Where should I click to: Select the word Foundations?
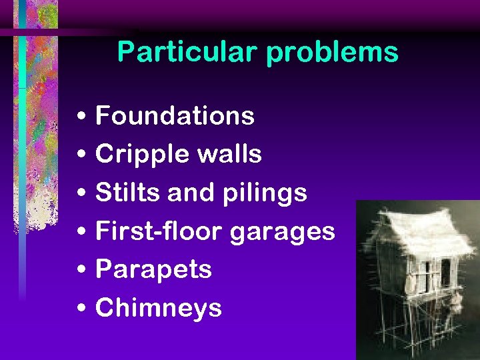coord(175,116)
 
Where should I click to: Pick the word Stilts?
coord(129,193)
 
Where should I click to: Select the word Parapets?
coord(154,270)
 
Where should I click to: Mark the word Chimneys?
coord(159,308)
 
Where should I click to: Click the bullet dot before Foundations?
coord(80,118)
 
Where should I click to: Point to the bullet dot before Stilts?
coord(80,195)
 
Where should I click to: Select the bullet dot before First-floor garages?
coord(80,233)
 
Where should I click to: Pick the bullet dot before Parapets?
coord(80,271)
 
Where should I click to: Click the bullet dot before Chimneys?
coord(80,309)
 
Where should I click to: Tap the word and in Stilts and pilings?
coord(193,193)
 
